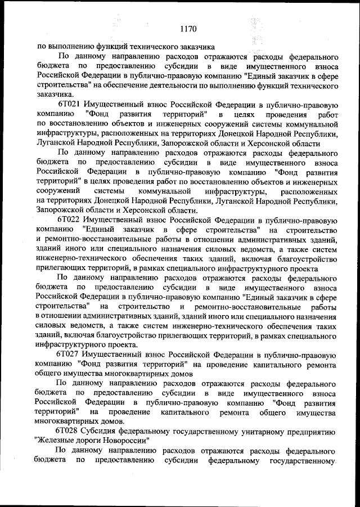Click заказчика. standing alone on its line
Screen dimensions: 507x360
pos(53,95)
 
